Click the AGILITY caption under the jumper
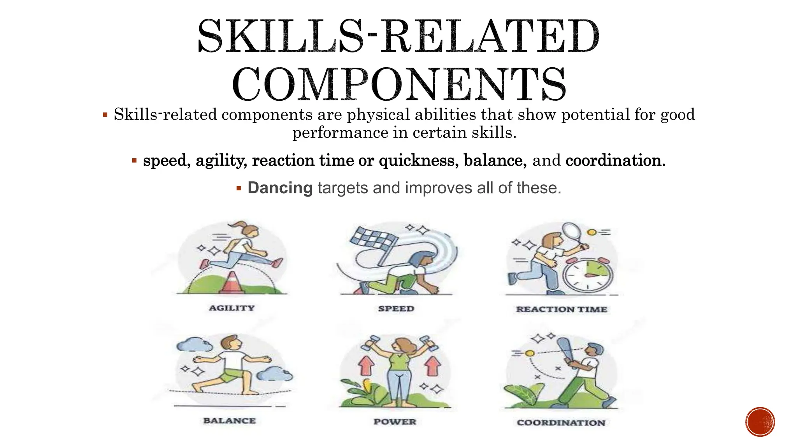(x=232, y=308)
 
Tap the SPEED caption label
(x=396, y=309)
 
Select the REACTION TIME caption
(x=562, y=310)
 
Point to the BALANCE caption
(x=230, y=421)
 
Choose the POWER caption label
(x=395, y=422)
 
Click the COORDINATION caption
(x=561, y=423)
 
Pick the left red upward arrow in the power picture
(x=366, y=366)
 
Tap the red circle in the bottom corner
(x=760, y=422)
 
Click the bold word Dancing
(x=280, y=188)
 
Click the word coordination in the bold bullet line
(x=615, y=161)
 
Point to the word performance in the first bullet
(x=340, y=133)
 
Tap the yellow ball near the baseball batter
(x=529, y=353)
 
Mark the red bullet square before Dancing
(x=239, y=189)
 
